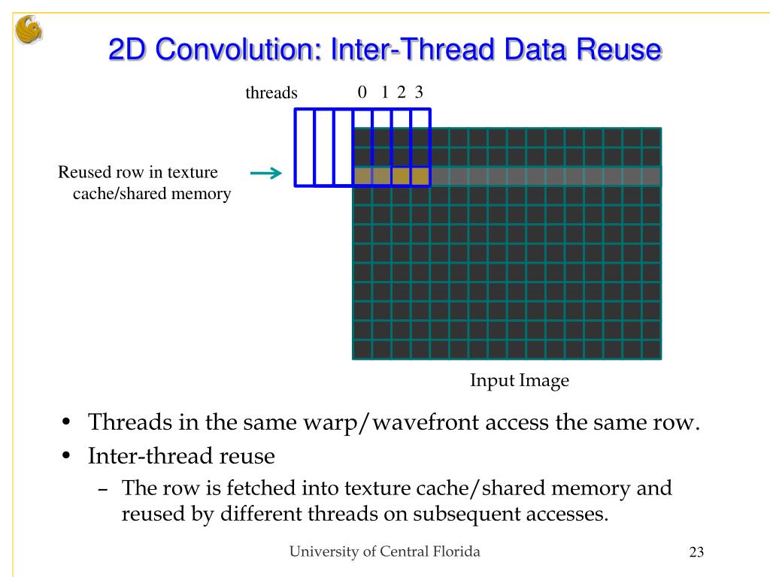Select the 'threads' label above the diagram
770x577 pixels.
(271, 94)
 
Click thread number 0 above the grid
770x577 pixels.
(362, 92)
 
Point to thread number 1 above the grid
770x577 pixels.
(384, 92)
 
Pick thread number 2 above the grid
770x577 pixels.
(402, 92)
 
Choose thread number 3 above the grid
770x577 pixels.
(419, 92)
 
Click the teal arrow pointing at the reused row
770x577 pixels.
(265, 174)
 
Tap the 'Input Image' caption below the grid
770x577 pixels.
(520, 381)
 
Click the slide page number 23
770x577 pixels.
(696, 554)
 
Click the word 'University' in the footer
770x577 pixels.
(323, 551)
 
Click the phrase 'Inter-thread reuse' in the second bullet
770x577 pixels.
(180, 455)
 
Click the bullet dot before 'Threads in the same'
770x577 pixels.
(68, 422)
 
